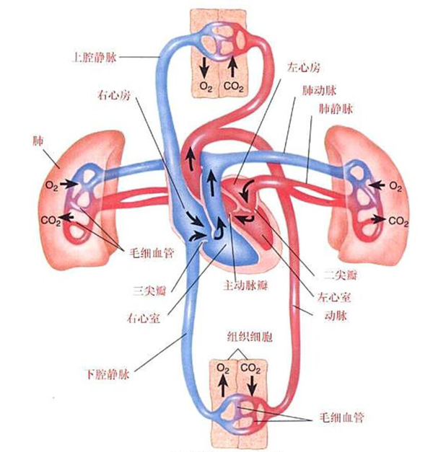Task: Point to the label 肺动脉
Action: (x=317, y=94)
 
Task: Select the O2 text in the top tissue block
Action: (x=206, y=88)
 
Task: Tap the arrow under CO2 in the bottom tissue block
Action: (x=252, y=388)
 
